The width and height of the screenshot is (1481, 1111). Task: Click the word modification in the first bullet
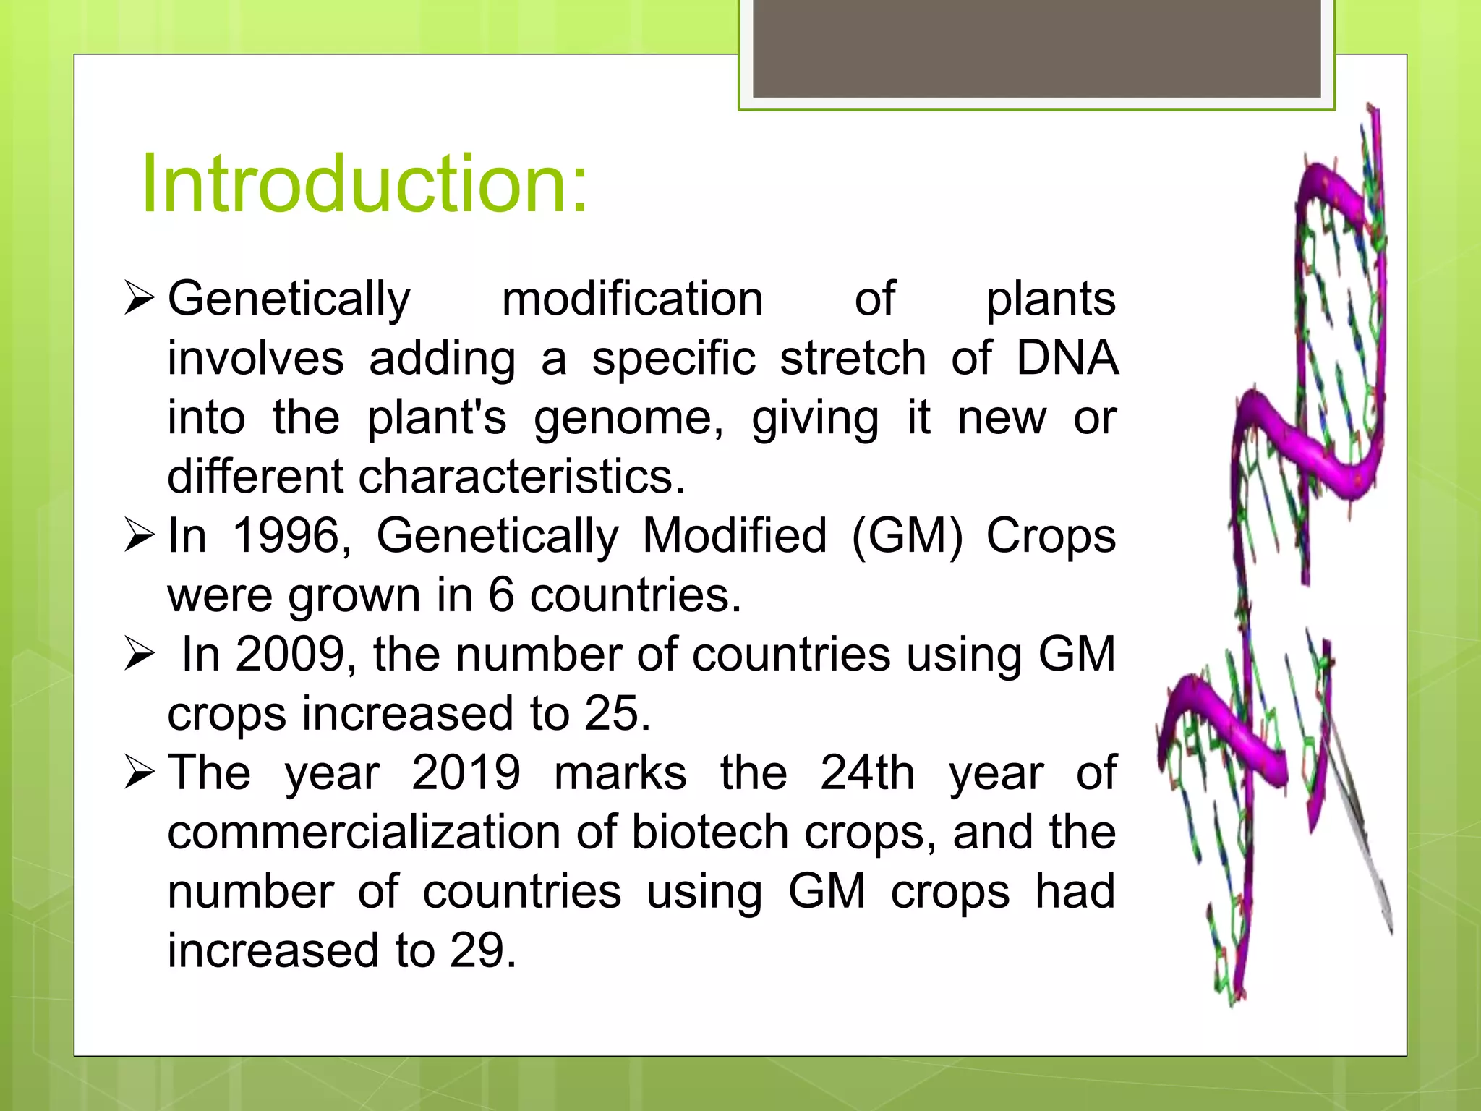[633, 299]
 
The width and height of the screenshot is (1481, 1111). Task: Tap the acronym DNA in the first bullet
[1067, 358]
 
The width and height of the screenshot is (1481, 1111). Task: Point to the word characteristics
[521, 477]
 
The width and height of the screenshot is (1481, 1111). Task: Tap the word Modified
[735, 536]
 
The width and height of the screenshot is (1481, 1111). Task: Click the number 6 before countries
[501, 595]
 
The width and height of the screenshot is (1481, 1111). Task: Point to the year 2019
[466, 773]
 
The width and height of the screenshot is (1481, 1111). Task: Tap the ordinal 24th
[867, 773]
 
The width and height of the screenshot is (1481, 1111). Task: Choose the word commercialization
[364, 833]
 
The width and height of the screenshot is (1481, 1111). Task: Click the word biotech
[710, 833]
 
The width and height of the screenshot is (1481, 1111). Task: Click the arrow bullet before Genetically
[139, 299]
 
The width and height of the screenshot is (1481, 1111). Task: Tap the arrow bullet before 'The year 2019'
[139, 772]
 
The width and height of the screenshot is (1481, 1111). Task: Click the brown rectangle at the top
[1037, 48]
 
